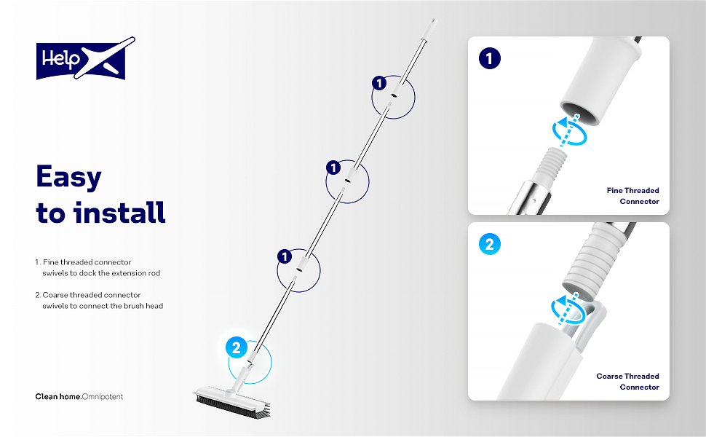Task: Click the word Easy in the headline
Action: (69, 177)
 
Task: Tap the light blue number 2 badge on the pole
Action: (236, 348)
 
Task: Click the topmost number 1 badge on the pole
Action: (378, 83)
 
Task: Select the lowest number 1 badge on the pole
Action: (285, 256)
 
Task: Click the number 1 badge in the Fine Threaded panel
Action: (490, 58)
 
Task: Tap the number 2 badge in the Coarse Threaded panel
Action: (489, 244)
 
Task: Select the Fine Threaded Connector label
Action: (632, 196)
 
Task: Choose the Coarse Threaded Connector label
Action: (627, 382)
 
